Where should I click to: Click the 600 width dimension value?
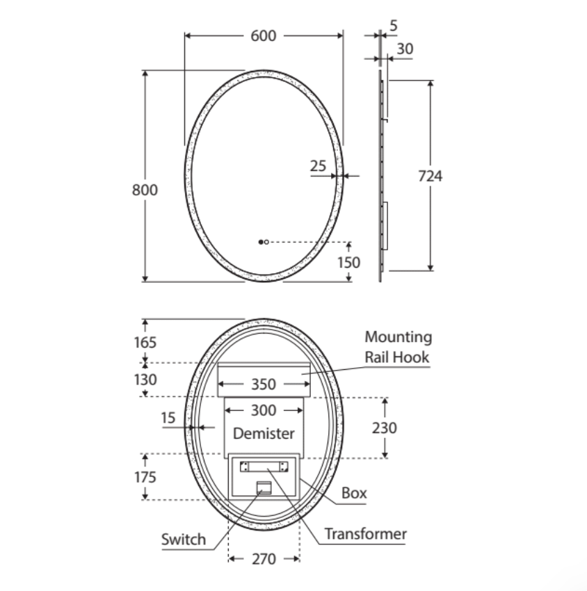tap(264, 35)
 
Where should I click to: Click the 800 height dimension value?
tap(145, 190)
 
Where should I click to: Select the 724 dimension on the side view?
tap(430, 176)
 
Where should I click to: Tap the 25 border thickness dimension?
tap(318, 166)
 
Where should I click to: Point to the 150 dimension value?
tap(348, 262)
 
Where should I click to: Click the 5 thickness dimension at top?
tap(394, 26)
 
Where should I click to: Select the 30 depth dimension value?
tap(404, 49)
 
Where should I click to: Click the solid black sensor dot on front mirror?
tap(261, 242)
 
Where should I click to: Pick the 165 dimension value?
tap(145, 342)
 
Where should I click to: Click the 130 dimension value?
tap(145, 380)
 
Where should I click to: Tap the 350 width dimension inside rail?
tap(263, 384)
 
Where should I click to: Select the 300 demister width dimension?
tap(263, 410)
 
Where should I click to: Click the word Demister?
tap(264, 433)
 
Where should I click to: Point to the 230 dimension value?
tap(384, 428)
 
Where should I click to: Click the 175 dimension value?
tap(145, 477)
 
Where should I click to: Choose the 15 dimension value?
tap(168, 418)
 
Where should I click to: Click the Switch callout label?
tap(184, 539)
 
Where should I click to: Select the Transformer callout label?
tap(365, 534)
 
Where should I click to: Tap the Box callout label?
tap(354, 493)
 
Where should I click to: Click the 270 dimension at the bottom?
tap(264, 559)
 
